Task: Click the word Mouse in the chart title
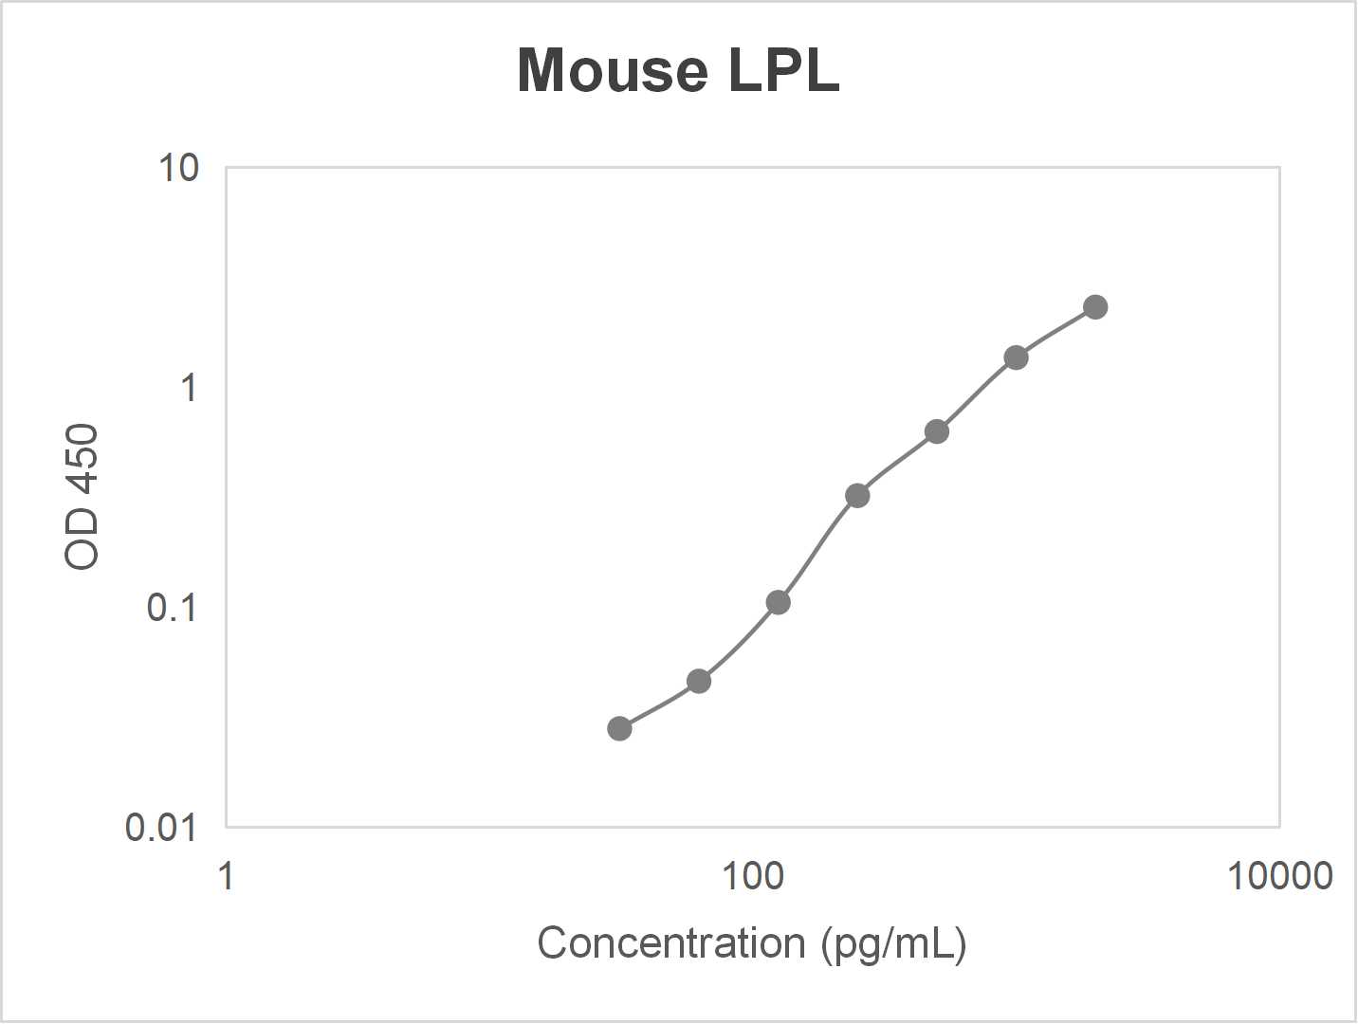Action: click(613, 70)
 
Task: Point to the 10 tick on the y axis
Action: click(179, 168)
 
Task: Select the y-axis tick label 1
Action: click(190, 388)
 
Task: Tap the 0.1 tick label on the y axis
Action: click(173, 607)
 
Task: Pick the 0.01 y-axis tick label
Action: click(161, 828)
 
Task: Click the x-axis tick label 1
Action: click(226, 876)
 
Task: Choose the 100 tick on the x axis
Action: click(753, 876)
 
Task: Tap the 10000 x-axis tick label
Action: click(1280, 876)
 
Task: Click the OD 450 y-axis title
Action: click(82, 496)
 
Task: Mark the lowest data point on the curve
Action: click(619, 728)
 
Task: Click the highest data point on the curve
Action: click(1095, 307)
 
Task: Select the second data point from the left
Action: click(699, 681)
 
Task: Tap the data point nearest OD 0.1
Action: click(778, 602)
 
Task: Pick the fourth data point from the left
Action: click(857, 495)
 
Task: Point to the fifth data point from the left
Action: click(937, 431)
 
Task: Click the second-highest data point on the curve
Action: click(1016, 357)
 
